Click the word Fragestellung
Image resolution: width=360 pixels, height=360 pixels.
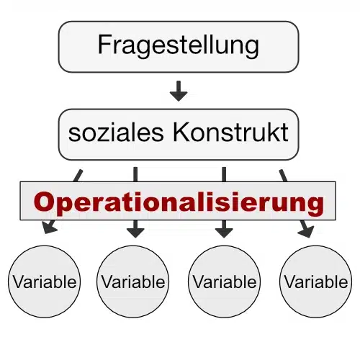tap(179, 45)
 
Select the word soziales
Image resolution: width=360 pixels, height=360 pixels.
tap(116, 132)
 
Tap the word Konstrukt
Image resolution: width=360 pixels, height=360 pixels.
tap(230, 132)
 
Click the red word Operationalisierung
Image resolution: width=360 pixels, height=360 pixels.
tap(179, 203)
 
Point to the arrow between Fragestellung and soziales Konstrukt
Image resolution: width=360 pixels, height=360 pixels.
tap(179, 91)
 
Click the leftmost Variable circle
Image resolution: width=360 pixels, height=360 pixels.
tap(45, 282)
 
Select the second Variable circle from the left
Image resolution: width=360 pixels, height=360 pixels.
tap(133, 282)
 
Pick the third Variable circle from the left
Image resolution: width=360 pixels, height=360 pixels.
tap(225, 282)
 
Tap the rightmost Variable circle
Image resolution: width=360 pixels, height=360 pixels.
tap(316, 282)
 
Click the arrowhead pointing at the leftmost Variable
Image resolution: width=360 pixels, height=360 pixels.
tap(49, 228)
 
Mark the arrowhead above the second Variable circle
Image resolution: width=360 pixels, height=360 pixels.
tap(135, 233)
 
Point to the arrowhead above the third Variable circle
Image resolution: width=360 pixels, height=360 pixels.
tap(224, 233)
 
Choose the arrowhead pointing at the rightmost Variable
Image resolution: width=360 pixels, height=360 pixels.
tap(307, 232)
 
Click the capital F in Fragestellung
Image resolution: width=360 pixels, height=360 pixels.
tap(104, 45)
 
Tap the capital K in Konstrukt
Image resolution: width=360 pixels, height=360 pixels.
tap(181, 132)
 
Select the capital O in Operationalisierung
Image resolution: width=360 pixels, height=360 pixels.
tap(43, 202)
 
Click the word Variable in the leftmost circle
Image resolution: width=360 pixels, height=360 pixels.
tap(45, 282)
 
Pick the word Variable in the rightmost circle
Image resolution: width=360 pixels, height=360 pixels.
tap(316, 282)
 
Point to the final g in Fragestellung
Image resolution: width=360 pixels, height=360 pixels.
tap(252, 49)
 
